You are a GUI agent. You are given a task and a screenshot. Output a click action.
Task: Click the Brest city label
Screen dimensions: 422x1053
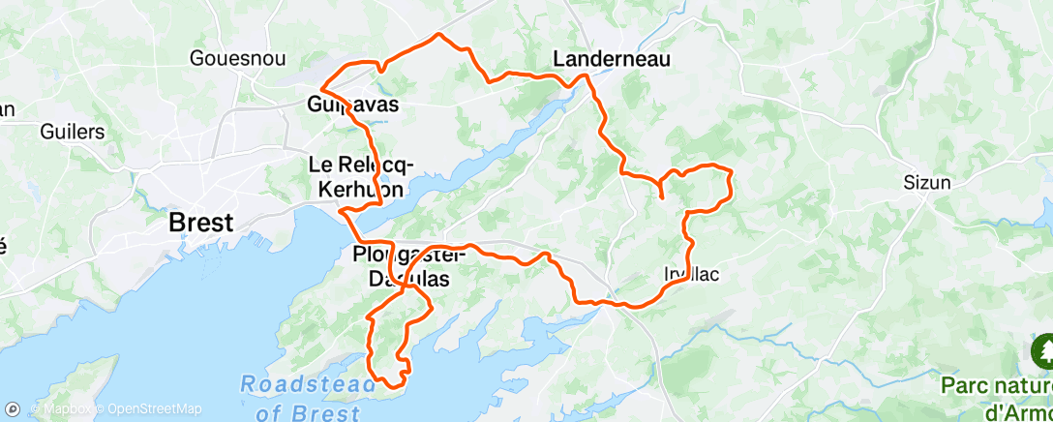(200, 222)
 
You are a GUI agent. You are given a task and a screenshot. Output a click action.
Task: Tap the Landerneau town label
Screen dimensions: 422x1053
(612, 59)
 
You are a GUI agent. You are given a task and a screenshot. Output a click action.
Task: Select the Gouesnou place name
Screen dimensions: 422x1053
(238, 59)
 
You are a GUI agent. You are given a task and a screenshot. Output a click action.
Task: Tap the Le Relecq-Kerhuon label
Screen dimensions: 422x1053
(356, 177)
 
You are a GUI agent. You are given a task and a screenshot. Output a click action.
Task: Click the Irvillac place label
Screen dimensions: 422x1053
(693, 274)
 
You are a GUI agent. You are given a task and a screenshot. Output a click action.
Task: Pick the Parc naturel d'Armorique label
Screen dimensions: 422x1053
(997, 396)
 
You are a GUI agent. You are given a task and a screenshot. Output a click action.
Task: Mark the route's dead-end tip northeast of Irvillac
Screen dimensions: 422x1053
(661, 197)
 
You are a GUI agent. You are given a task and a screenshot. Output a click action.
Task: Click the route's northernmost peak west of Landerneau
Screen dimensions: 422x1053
(441, 35)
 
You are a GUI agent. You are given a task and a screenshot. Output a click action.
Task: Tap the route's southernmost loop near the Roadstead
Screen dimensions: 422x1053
(391, 385)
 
